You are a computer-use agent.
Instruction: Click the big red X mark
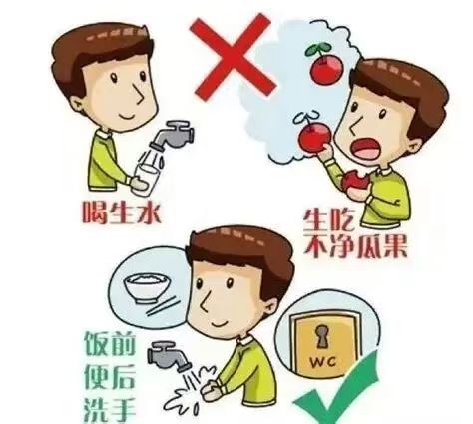(233, 57)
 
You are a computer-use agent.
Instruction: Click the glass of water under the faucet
(146, 180)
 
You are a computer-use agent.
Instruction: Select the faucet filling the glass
(173, 135)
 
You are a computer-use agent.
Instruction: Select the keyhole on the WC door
(321, 336)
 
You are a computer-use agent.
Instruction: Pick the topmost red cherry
(325, 68)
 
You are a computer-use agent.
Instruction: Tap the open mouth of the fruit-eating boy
(366, 149)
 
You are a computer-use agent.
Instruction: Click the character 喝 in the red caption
(96, 212)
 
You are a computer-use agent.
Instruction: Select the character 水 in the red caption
(149, 212)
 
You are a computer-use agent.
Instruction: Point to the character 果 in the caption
(393, 246)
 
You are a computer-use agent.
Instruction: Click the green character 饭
(97, 343)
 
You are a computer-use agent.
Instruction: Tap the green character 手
(123, 410)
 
